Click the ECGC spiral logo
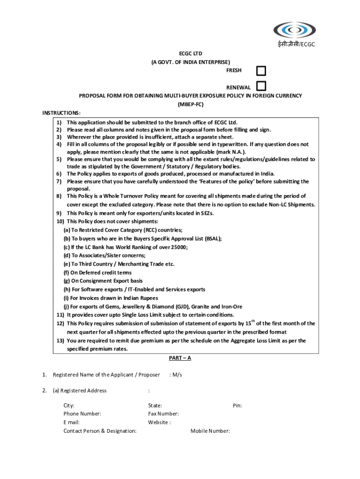point(295,30)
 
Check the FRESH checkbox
point(261,71)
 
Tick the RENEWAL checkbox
point(261,86)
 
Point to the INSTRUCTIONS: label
point(61,113)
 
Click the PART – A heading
point(180,358)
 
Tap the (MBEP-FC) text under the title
point(190,104)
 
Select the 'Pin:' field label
point(237,406)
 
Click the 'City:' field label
point(69,406)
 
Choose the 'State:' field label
point(155,406)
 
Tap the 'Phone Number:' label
point(82,414)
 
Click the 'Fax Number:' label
point(163,414)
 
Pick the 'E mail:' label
point(72,422)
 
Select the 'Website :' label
point(159,422)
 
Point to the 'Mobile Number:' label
point(210,431)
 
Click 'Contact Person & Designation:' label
point(100,431)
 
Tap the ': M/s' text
point(175,375)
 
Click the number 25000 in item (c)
point(179,247)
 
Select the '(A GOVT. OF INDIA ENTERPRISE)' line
point(190,62)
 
